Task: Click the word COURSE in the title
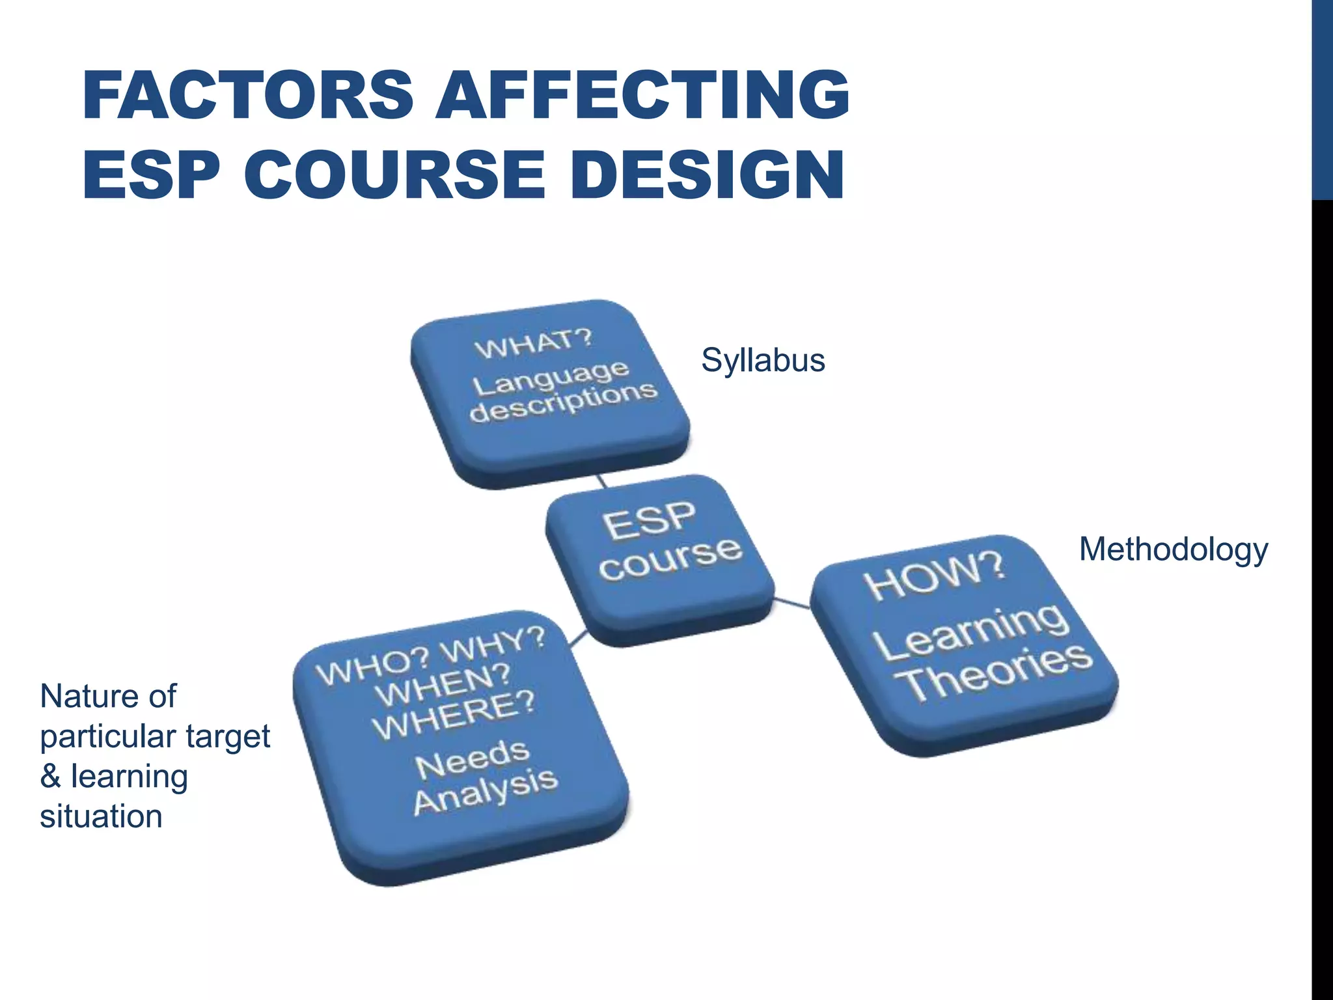point(394,174)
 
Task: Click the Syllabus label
point(763,360)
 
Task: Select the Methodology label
point(1173,549)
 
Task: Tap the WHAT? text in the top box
point(534,342)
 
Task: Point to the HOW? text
point(935,576)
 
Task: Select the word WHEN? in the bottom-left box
point(443,685)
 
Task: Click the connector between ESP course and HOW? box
point(792,603)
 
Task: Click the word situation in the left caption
point(101,816)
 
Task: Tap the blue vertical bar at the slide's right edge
point(1322,98)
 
